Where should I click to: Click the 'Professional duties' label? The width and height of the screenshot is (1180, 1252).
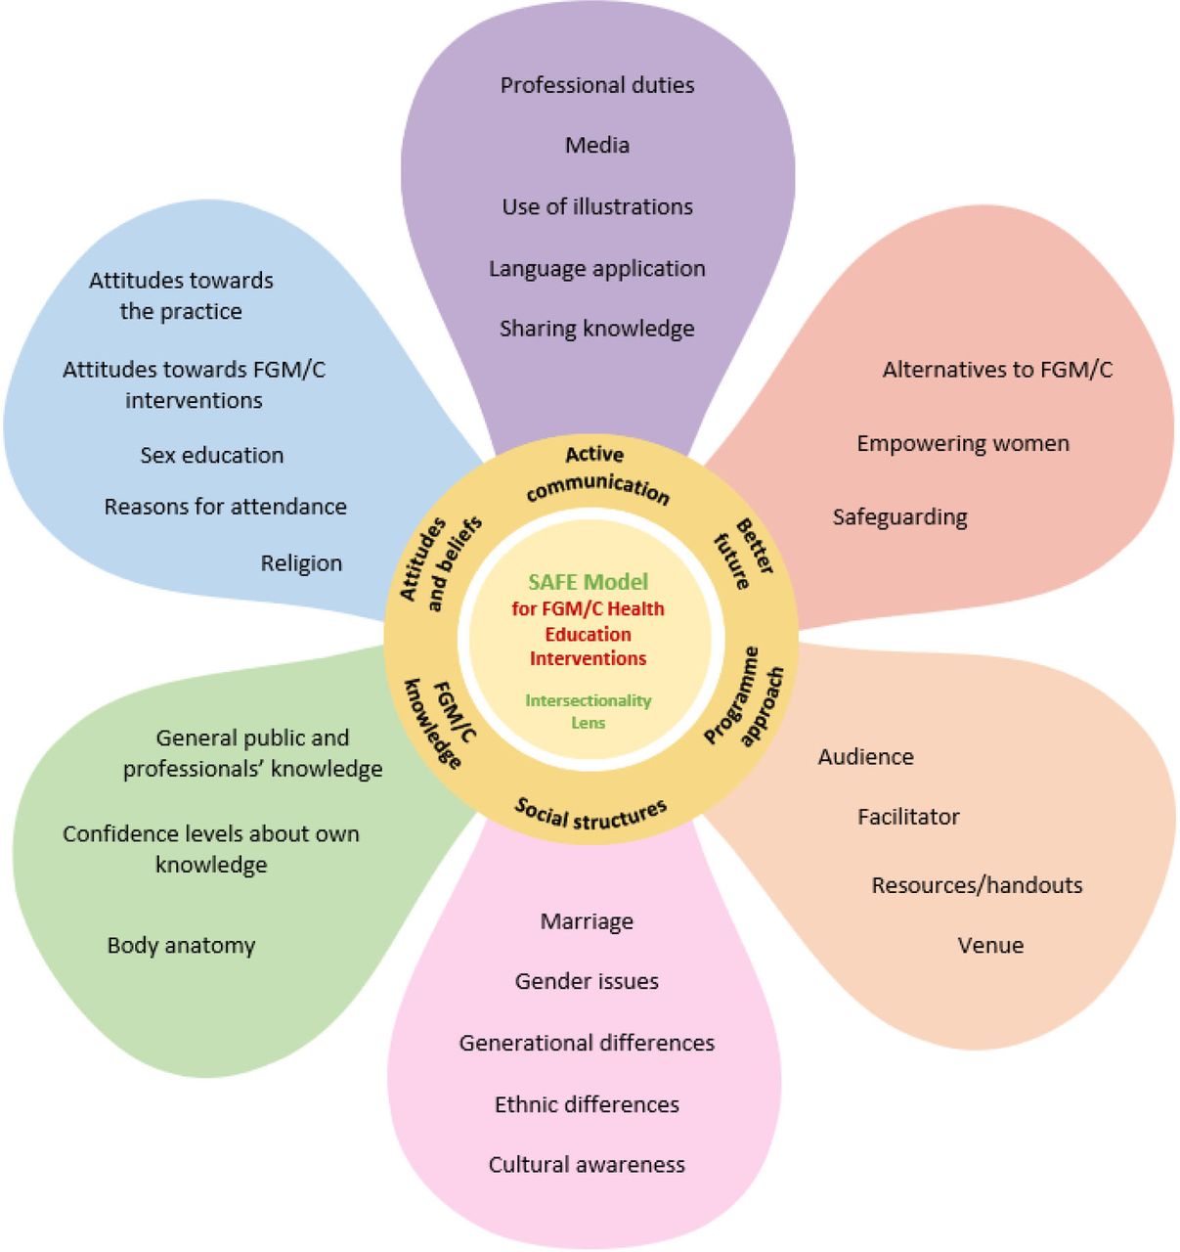[x=597, y=85]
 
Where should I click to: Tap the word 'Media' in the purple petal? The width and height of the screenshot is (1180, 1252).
[x=597, y=145]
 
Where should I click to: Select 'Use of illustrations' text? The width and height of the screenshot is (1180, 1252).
[x=597, y=206]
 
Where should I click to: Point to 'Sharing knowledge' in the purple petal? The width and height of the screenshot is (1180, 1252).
[x=597, y=329]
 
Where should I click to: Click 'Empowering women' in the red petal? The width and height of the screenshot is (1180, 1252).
[x=963, y=444]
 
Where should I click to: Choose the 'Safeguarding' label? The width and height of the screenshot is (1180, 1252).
[x=899, y=517]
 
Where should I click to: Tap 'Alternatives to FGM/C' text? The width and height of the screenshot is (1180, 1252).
[x=997, y=370]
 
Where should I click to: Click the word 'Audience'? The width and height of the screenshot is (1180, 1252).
[x=865, y=756]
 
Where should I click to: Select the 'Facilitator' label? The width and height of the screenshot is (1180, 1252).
[x=908, y=817]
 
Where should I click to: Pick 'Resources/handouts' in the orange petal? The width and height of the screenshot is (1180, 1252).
[x=977, y=885]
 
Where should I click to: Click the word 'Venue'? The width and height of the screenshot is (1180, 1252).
[x=990, y=945]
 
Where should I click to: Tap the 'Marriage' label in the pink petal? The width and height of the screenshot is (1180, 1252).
[x=587, y=921]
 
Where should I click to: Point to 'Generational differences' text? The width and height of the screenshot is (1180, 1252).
[x=587, y=1043]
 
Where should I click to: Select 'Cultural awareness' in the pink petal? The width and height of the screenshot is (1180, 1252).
[x=587, y=1164]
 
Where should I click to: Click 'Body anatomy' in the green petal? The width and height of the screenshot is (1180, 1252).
[x=181, y=946]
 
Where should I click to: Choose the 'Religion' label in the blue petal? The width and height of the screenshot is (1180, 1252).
[x=301, y=563]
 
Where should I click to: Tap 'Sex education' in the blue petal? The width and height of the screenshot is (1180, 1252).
[x=212, y=455]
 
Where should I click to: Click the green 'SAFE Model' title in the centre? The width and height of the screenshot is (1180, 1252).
[x=589, y=582]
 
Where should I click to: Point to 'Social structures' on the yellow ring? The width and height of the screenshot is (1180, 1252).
[x=590, y=814]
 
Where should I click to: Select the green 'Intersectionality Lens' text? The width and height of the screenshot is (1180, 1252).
[x=589, y=712]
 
